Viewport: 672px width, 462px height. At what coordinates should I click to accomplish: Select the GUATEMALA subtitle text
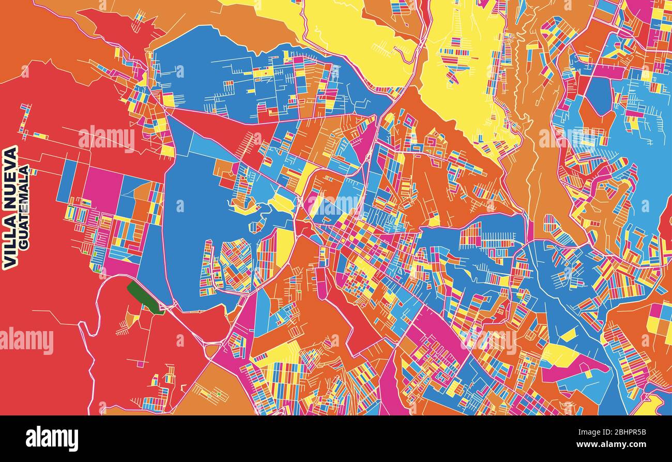24,207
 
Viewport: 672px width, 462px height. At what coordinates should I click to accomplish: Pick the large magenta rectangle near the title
103,189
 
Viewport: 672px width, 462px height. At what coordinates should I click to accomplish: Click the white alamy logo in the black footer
52,439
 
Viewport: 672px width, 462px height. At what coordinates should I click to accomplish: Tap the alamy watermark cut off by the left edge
26,341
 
